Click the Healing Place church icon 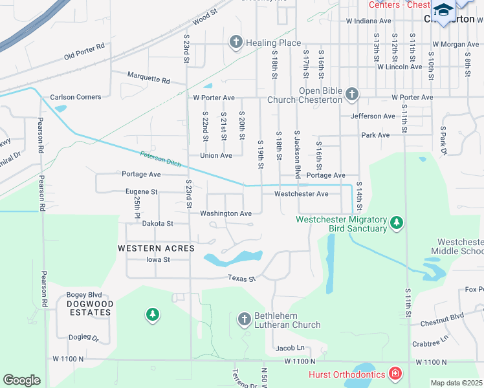tap(236, 43)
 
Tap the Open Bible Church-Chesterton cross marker tap(351, 95)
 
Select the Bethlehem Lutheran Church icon tap(244, 319)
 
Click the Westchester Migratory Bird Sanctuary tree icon tap(397, 224)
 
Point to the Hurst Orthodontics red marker tap(395, 373)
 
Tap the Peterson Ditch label tap(161, 159)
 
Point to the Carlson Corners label tap(76, 97)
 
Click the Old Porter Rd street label tap(84, 52)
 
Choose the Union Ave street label tap(216, 156)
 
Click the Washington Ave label tap(226, 213)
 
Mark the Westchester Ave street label tap(301, 194)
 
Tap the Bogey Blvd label tap(85, 295)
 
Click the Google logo tap(21, 380)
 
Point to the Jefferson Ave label tap(373, 116)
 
